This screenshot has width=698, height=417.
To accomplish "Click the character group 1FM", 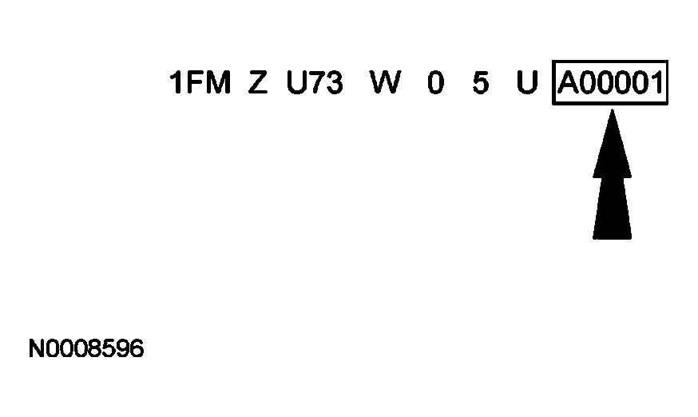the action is click(200, 83).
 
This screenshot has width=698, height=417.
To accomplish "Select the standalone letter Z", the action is click(257, 83).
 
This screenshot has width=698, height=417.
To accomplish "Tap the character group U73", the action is click(315, 83).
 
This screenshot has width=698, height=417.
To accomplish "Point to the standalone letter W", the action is click(385, 83).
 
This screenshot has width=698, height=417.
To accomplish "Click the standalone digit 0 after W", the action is click(434, 83).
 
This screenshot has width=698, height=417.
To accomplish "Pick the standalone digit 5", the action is click(480, 83).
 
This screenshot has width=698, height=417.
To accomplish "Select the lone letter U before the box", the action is click(526, 83).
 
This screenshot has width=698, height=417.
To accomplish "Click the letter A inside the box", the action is click(569, 83).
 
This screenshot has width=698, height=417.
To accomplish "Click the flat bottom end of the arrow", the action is click(612, 236).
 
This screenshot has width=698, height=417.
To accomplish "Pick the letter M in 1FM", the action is click(216, 83).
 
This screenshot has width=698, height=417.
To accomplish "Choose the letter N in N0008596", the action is click(36, 349).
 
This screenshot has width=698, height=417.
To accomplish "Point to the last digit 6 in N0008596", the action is click(137, 349).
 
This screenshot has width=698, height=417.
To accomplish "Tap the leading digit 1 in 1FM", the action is click(177, 83).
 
